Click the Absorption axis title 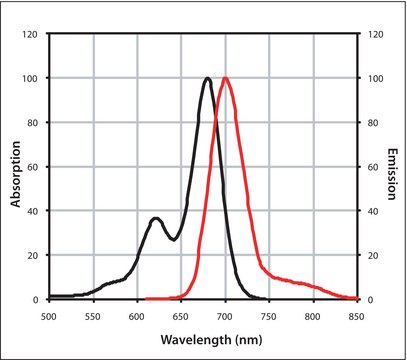click(16, 167)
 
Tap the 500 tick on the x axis click(50, 315)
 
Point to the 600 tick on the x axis click(138, 315)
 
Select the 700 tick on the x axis click(226, 315)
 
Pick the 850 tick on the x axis click(357, 315)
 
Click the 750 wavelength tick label click(270, 315)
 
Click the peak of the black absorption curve click(207, 78)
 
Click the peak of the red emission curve click(226, 78)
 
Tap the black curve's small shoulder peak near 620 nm click(156, 218)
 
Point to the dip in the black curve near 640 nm click(173, 239)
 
